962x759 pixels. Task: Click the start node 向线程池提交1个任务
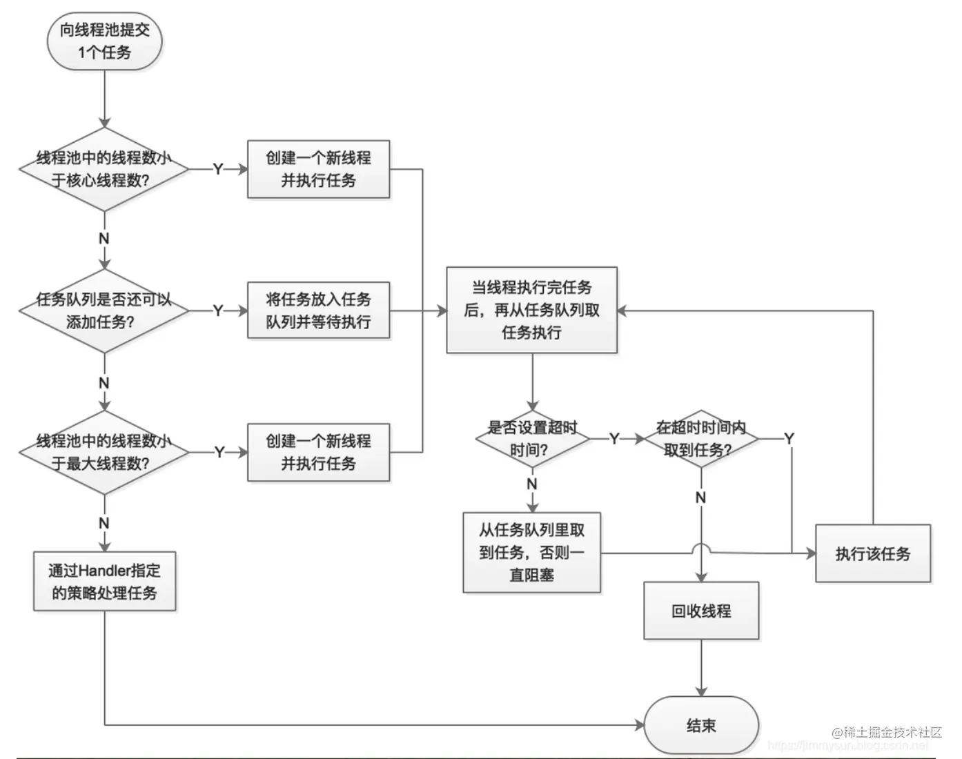(x=104, y=41)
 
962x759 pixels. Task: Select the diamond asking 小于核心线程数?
(x=104, y=169)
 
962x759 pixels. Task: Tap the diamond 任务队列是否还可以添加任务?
(x=104, y=310)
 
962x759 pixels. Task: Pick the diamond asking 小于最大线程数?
(x=104, y=452)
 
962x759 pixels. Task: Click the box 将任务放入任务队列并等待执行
(x=318, y=310)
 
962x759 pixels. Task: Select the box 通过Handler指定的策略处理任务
(x=104, y=581)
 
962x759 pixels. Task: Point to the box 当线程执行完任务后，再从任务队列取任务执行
(x=531, y=310)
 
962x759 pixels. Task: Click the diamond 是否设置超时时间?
(x=531, y=439)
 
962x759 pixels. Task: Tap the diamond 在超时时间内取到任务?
(x=700, y=439)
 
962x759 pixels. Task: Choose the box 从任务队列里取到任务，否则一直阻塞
(x=531, y=552)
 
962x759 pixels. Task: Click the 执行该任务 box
(x=872, y=553)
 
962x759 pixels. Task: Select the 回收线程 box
(x=700, y=611)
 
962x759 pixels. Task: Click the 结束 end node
(x=700, y=725)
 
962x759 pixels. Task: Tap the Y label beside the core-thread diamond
(x=218, y=169)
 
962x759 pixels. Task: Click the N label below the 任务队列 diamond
(x=104, y=383)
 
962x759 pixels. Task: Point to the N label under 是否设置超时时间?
(x=531, y=484)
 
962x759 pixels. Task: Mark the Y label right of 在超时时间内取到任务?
(x=789, y=439)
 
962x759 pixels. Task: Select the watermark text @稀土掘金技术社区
(x=886, y=732)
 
